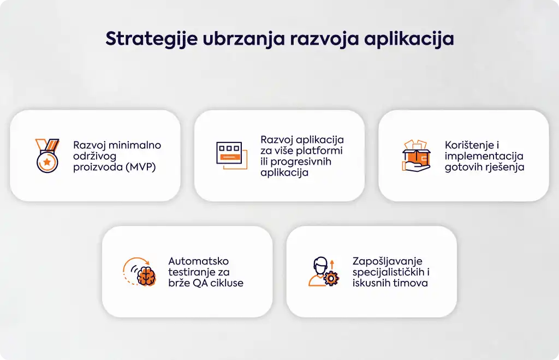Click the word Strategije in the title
point(152,39)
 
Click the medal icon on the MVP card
point(47,155)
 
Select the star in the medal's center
point(47,162)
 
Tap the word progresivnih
point(301,161)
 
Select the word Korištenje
point(469,145)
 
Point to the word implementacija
point(484,156)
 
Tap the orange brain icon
point(146,276)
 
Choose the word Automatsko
point(199,261)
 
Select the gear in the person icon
point(331,278)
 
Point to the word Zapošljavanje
point(388,261)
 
